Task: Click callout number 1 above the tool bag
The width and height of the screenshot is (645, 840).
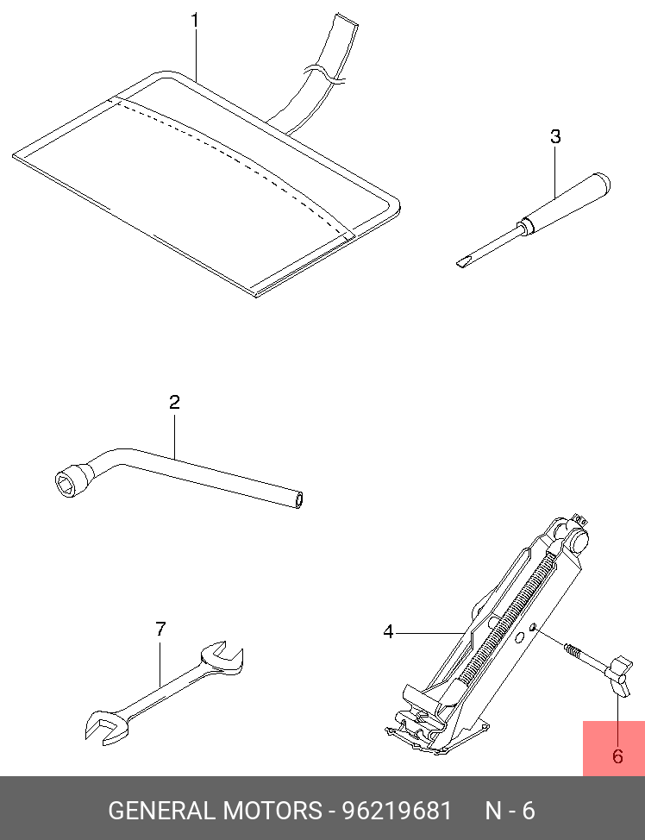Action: click(x=195, y=21)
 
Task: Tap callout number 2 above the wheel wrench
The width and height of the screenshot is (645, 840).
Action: click(x=175, y=403)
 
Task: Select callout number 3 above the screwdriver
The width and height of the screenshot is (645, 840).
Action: click(x=555, y=136)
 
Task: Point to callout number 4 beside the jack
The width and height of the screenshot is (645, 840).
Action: click(x=388, y=632)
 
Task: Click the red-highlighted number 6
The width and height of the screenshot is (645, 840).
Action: click(x=617, y=756)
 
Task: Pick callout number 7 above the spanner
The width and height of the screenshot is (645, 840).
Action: click(x=160, y=629)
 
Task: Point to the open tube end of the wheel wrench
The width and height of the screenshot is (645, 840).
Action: click(x=298, y=500)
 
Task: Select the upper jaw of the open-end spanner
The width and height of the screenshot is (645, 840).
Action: click(x=222, y=655)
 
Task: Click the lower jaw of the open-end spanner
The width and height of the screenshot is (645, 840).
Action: click(x=105, y=726)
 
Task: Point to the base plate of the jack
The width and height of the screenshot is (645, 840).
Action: click(x=436, y=737)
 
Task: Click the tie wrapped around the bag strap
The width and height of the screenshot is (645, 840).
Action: click(x=324, y=74)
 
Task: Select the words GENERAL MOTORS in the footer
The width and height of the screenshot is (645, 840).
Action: click(x=215, y=811)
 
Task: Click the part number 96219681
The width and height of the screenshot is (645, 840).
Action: click(x=397, y=811)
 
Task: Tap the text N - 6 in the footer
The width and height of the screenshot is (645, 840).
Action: click(x=510, y=811)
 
